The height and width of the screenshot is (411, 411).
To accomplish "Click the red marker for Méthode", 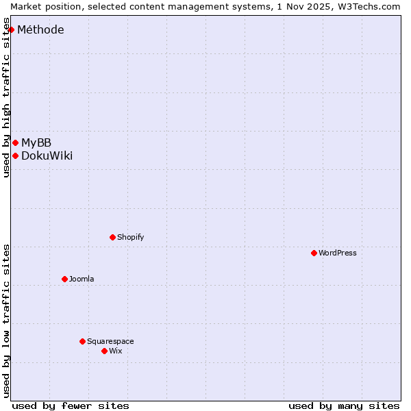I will click(x=11, y=29).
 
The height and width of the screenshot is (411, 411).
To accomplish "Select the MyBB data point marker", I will click(x=15, y=142).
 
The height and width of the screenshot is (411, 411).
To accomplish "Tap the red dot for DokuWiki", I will click(x=15, y=155).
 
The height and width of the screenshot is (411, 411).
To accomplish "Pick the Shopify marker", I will click(x=112, y=237).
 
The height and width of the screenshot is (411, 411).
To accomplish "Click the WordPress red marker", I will click(x=314, y=253).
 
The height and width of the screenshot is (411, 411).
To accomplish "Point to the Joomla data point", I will click(x=64, y=279).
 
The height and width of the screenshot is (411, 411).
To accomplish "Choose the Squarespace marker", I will click(x=82, y=341).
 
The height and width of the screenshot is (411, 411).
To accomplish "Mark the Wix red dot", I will click(x=104, y=351).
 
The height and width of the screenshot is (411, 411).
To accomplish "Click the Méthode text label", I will click(x=40, y=29).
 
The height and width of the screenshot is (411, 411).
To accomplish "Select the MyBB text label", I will click(x=36, y=142).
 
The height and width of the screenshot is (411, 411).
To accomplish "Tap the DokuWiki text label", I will click(x=47, y=155).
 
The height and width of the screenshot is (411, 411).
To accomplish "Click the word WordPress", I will click(x=338, y=253).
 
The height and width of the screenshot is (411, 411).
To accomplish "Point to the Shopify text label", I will click(x=130, y=237).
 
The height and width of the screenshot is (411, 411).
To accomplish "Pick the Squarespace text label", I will click(x=110, y=341).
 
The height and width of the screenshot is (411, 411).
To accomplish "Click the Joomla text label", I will click(x=82, y=279).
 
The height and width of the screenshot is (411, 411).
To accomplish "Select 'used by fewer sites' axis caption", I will click(x=71, y=406).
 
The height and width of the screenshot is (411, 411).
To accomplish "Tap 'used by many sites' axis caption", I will click(x=344, y=406).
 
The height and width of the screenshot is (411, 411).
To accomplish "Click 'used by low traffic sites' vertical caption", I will click(x=6, y=321).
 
